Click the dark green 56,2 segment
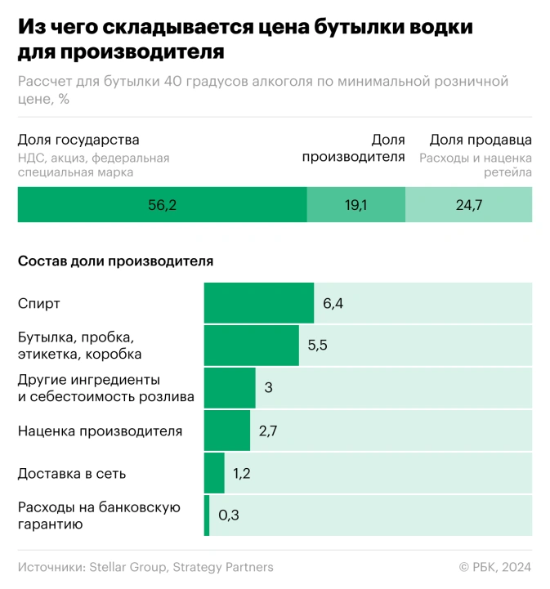[162, 205]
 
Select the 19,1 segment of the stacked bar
[355, 205]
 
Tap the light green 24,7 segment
[468, 205]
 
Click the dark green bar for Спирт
[258, 303]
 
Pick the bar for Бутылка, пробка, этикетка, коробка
[251, 346]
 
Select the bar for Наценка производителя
[226, 431]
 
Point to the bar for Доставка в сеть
[214, 473]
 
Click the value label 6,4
[333, 304]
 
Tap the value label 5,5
[318, 346]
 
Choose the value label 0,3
[228, 515]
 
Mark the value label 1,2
[243, 473]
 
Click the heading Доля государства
[78, 140]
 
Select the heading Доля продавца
[481, 140]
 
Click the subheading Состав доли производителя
[115, 261]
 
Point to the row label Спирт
[39, 304]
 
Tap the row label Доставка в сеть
[72, 473]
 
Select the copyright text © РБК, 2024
[495, 567]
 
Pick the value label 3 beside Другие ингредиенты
[268, 388]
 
